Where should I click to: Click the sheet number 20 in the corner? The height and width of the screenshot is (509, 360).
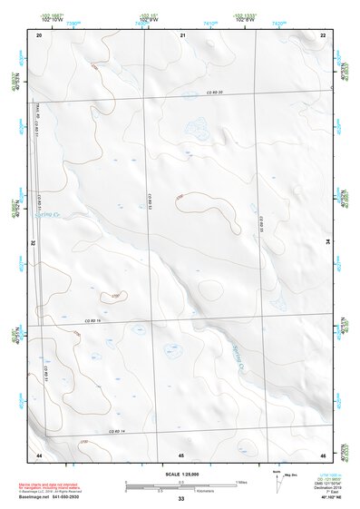39,34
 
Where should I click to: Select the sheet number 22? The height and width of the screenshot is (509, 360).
324,34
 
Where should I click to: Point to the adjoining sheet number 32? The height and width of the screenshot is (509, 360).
33,242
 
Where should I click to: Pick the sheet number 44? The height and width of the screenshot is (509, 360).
39,454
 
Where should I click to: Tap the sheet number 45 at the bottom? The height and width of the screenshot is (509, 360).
181,454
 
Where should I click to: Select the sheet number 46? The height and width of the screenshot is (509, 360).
324,454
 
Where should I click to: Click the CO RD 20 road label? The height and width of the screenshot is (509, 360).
213,93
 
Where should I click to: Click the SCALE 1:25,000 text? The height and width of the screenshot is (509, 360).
180,475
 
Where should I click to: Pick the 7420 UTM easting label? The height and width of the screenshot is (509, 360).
280,17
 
